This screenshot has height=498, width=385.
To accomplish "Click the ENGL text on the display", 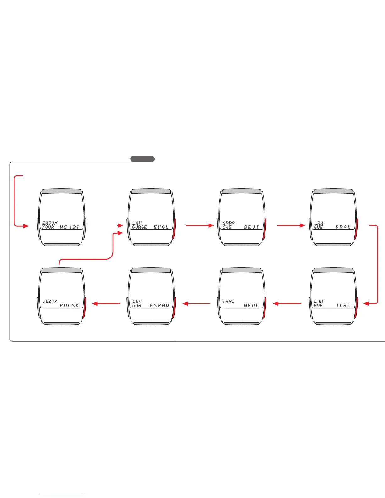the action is tap(161, 227).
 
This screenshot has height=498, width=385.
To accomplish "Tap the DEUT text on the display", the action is tap(252, 227).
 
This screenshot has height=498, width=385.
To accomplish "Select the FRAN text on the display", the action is tap(343, 227).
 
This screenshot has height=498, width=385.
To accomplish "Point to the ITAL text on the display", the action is tap(343, 306).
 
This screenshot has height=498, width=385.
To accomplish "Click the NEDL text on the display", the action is tap(252, 306).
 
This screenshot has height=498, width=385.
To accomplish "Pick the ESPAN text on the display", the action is tap(159, 306).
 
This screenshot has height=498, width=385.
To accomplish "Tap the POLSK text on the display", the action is tap(70, 306).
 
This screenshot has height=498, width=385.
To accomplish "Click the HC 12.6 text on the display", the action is tap(70, 227).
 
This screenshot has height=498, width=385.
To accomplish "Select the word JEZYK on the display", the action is tap(50, 302).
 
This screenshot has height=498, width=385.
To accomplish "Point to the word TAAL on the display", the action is tap(228, 302).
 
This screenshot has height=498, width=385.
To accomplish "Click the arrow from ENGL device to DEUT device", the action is tap(199, 225).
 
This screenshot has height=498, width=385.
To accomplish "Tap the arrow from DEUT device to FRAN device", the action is tap(291, 225).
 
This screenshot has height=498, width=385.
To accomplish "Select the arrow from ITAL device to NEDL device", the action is tap(287, 304).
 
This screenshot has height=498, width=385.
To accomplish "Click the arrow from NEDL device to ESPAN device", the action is tap(197, 304).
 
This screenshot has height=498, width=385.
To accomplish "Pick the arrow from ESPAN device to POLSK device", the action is tap(106, 304).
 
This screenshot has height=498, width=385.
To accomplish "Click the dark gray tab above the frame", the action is tap(142, 159).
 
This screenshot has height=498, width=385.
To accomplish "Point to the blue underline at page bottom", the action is tap(62, 495).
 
